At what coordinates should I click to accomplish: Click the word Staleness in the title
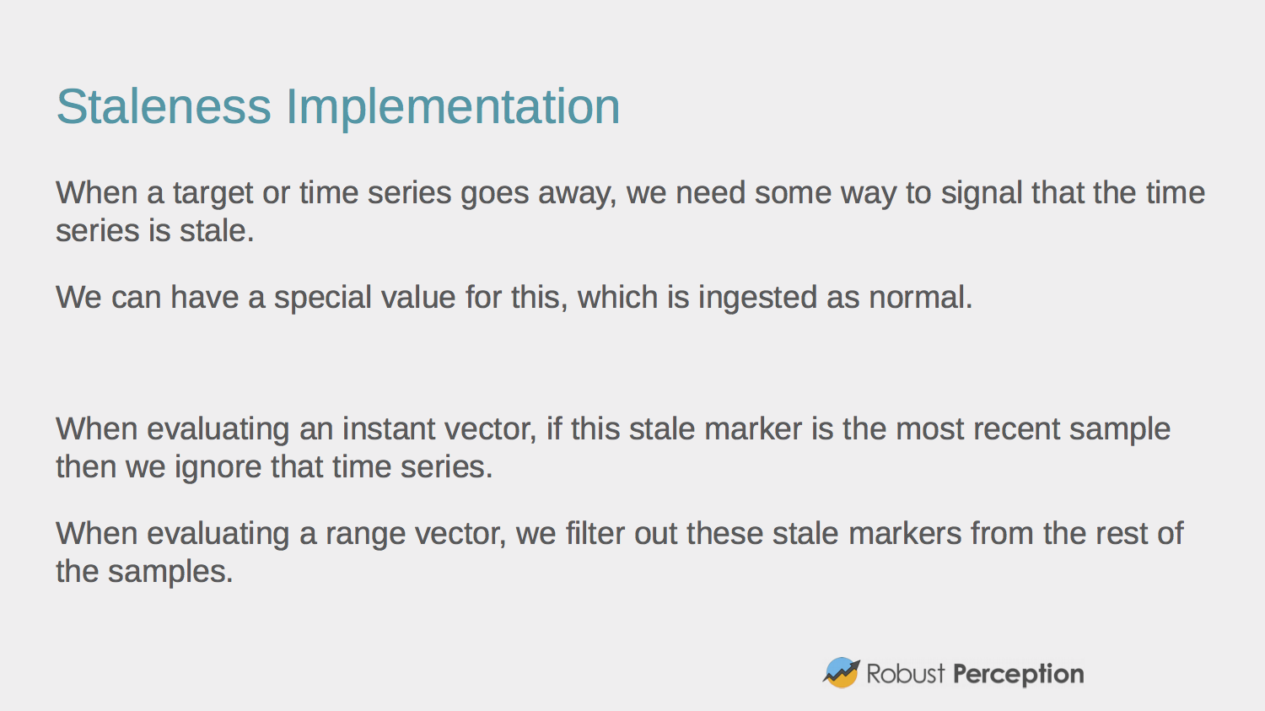point(164,107)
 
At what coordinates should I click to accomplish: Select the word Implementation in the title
point(453,107)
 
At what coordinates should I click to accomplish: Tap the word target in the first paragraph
point(213,193)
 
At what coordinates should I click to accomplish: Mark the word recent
point(1020,429)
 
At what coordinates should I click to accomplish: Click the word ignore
point(218,467)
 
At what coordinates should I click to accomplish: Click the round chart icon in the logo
point(841,673)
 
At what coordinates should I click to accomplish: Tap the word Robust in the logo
point(906,674)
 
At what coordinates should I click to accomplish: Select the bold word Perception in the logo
point(1018,674)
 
